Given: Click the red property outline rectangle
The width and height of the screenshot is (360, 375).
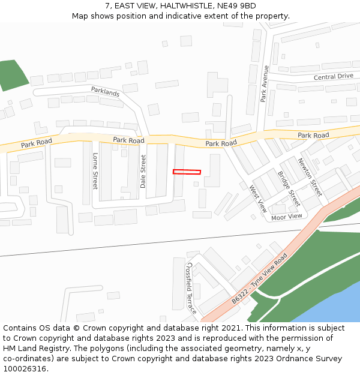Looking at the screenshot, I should coord(187,172).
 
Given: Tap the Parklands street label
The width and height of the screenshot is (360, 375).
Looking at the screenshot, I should coord(105,92).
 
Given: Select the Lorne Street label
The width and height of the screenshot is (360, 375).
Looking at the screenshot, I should coord(95,170).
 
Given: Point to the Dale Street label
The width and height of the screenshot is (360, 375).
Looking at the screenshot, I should coord(143,172).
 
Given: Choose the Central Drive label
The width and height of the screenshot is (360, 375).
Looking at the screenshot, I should coord(333,77).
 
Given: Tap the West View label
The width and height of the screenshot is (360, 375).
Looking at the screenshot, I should coord(258,199).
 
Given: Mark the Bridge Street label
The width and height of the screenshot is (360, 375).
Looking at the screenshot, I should coord(288,188).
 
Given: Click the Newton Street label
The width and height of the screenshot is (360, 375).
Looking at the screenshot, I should coord(310,177).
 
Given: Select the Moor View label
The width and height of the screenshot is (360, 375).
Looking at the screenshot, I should coord(287,217).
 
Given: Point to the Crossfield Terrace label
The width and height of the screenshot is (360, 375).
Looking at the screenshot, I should coord(191,287).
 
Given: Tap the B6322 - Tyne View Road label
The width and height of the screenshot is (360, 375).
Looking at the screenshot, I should coord(260,279).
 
